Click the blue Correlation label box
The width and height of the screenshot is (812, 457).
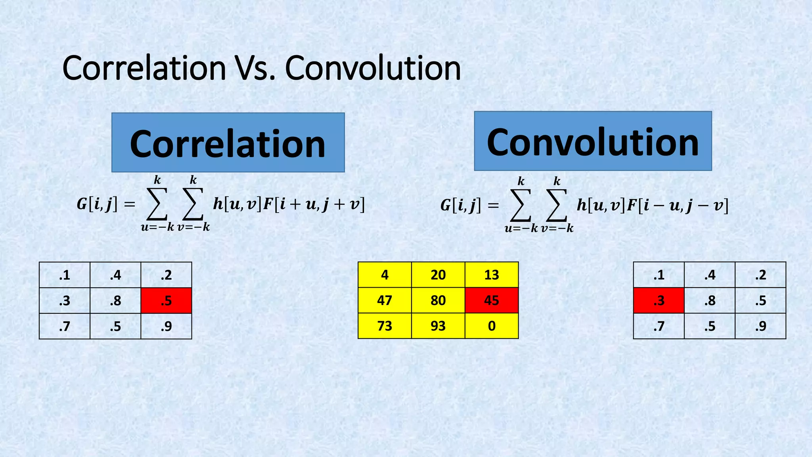[x=228, y=142]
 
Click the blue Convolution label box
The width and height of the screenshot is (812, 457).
[x=593, y=141]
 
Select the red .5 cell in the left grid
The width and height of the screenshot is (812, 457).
[x=166, y=300]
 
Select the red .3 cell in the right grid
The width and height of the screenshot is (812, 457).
[x=659, y=300]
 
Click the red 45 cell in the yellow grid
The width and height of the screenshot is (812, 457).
[x=492, y=300]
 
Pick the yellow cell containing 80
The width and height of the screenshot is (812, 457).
[x=438, y=300]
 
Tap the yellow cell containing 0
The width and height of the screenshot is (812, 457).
[x=492, y=326]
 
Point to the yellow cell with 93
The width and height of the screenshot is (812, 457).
[x=438, y=326]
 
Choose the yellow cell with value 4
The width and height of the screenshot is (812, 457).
[x=385, y=275]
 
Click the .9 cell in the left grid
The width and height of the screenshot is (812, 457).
[x=166, y=326]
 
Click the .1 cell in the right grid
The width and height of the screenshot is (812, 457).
[x=659, y=275]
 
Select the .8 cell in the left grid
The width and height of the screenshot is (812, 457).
[x=115, y=300]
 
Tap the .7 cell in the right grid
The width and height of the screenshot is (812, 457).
[x=659, y=326]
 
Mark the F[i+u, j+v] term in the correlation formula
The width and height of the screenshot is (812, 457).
[x=314, y=204]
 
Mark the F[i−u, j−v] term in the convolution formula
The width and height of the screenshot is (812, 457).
[x=678, y=205]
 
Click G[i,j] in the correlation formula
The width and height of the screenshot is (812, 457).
[x=97, y=204]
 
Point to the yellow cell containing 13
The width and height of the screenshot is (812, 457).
[x=492, y=275]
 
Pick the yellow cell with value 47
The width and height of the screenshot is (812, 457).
[x=385, y=300]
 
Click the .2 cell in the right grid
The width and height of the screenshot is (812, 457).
[x=760, y=275]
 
